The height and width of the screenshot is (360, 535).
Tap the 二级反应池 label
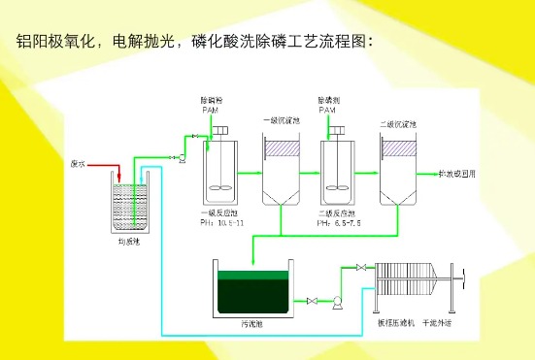click(x=336, y=213)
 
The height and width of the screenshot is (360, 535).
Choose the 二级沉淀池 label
click(x=398, y=122)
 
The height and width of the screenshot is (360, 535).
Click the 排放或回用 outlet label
click(x=459, y=175)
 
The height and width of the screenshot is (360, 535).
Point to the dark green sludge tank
click(x=252, y=290)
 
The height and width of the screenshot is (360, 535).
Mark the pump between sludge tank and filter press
click(x=335, y=302)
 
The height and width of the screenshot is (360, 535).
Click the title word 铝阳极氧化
click(x=60, y=41)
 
